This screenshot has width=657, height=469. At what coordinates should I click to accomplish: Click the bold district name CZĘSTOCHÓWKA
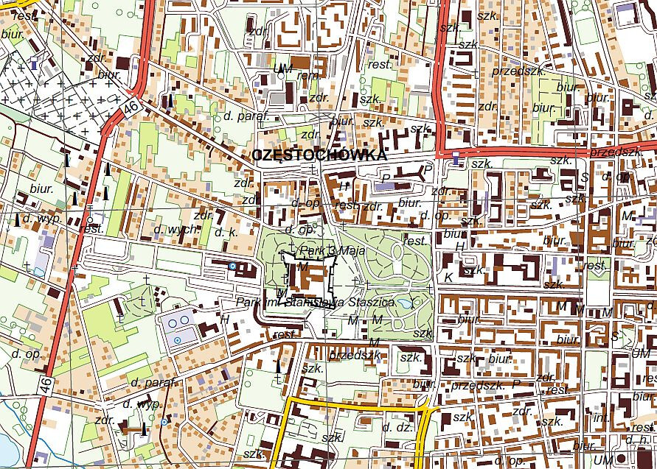point(319,155)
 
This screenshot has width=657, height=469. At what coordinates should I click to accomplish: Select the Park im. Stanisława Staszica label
point(316,302)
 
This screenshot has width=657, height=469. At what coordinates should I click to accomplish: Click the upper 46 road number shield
point(131,107)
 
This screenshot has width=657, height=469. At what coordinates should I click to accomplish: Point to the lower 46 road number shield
point(46,384)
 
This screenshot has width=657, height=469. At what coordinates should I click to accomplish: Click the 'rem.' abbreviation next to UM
point(305,74)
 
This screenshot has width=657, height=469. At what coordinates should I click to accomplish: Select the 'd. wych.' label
point(176,230)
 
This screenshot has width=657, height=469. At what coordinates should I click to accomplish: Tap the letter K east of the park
point(448,277)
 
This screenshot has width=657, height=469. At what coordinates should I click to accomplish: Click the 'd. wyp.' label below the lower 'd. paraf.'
point(141,403)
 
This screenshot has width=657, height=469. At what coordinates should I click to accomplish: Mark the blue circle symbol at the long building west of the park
point(233,266)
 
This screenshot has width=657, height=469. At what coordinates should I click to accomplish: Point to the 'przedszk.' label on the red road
point(616,151)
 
